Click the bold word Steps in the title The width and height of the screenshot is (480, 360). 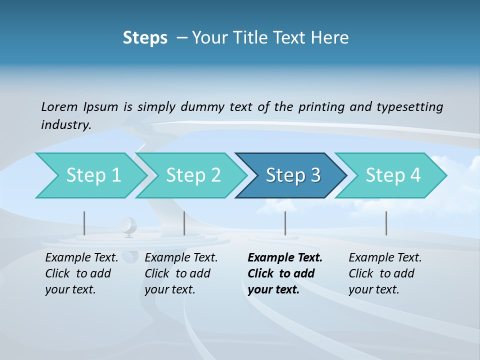(x=145, y=38)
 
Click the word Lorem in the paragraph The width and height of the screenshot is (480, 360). (x=59, y=107)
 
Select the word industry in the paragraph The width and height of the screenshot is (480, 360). (x=66, y=125)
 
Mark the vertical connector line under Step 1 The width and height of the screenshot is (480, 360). (x=84, y=223)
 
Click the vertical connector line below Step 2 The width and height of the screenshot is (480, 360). (x=184, y=223)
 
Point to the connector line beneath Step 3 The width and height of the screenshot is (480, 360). (x=285, y=223)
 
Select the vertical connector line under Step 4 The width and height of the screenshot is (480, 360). (x=386, y=223)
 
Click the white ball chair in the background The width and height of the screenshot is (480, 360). (x=128, y=225)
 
